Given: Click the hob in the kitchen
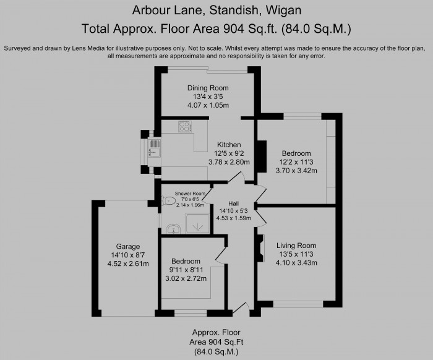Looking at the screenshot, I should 184,127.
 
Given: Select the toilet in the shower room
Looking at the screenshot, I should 168,200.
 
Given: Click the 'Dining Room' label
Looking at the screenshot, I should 208,88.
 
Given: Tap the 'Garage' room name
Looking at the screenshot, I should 129,246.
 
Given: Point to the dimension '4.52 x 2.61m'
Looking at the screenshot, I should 129,264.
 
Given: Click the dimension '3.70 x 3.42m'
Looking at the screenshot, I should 296,170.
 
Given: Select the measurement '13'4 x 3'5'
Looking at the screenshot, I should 208,96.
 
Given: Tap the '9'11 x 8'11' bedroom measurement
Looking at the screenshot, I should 186,270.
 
